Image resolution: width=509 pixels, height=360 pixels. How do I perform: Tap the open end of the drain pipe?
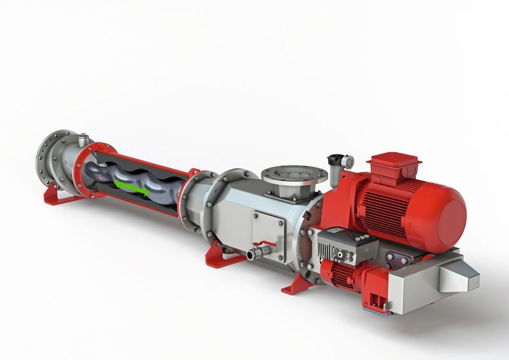[x=250, y=256]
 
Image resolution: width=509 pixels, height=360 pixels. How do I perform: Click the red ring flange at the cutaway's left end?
[x=81, y=168]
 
